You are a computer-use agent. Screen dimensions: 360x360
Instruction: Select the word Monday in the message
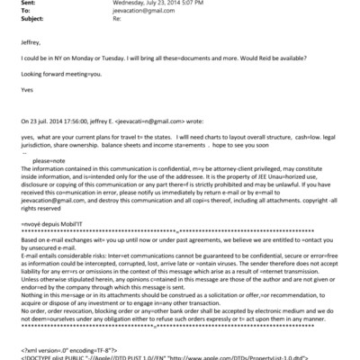pos(85,66)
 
